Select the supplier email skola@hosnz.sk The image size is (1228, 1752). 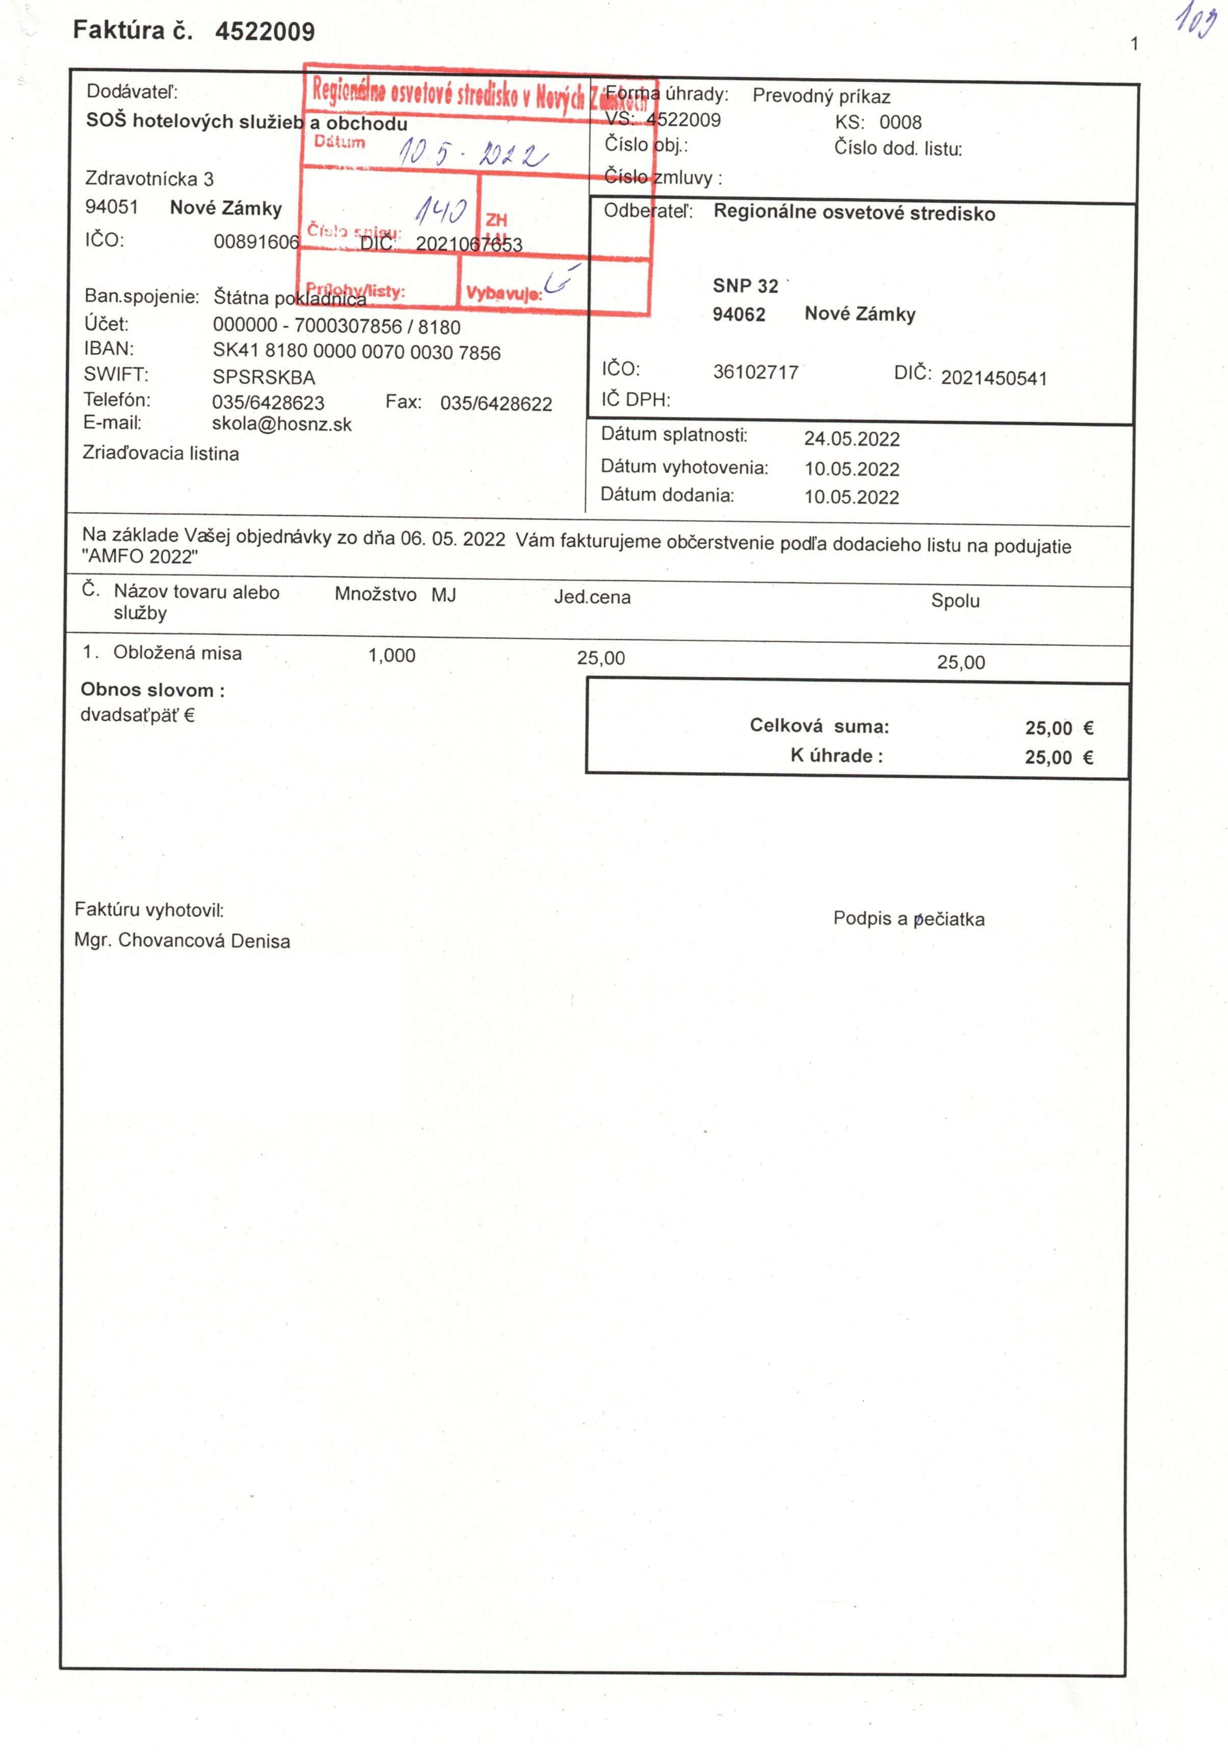click(x=281, y=424)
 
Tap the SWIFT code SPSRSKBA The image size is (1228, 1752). click(x=264, y=377)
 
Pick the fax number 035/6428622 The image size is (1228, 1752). click(x=496, y=404)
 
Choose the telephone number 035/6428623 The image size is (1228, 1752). click(x=268, y=402)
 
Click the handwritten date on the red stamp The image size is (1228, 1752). click(x=472, y=154)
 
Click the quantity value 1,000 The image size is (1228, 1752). click(x=391, y=656)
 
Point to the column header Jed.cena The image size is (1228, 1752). click(x=592, y=597)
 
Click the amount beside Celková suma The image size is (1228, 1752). click(x=1059, y=728)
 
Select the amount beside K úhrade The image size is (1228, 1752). click(x=1059, y=757)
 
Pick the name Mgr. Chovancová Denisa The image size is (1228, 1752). click(x=182, y=941)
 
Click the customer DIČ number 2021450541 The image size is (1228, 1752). click(x=994, y=378)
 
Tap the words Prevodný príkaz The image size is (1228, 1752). click(x=821, y=96)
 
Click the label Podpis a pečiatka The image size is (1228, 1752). click(x=908, y=919)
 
